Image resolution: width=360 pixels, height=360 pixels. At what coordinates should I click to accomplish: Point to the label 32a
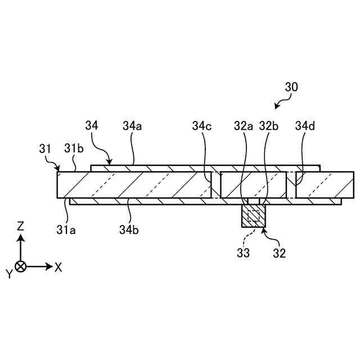[245, 126]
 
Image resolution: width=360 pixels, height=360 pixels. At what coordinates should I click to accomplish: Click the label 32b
[269, 126]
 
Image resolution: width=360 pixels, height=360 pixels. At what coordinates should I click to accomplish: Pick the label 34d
[305, 126]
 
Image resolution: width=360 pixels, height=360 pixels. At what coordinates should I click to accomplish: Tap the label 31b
[74, 149]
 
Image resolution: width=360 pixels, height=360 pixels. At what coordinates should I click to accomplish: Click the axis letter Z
[21, 226]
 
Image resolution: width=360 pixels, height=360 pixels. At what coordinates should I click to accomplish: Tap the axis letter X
[58, 267]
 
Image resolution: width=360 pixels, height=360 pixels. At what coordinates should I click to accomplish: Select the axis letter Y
[9, 274]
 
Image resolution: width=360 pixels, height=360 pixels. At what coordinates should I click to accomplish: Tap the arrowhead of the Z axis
[21, 237]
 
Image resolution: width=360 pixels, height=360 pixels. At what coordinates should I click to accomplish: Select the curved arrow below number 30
[282, 102]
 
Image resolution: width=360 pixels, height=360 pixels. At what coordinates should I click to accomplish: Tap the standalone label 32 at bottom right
[280, 253]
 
